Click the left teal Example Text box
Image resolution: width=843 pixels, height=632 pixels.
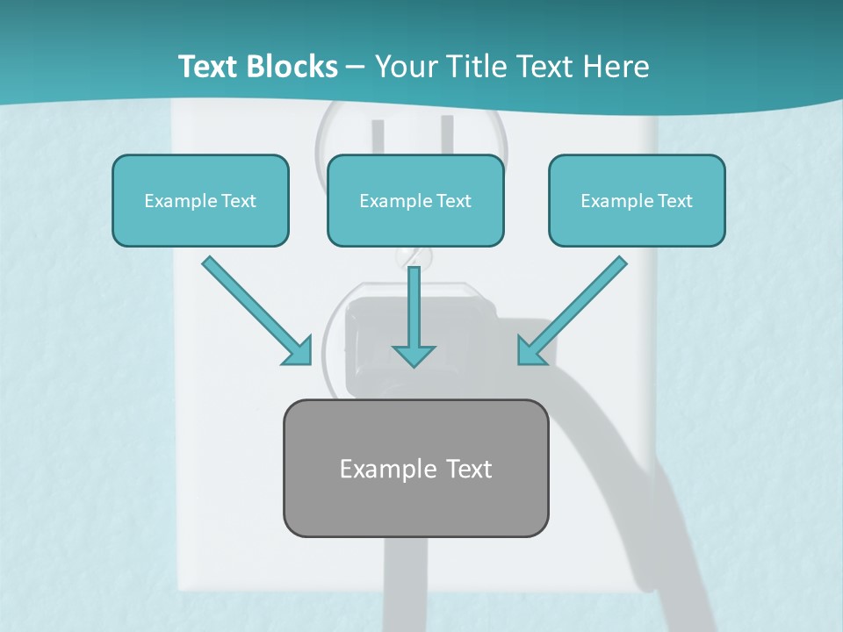point(200,200)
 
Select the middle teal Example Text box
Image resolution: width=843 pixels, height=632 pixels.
point(415,200)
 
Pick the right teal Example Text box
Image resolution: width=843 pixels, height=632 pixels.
point(637,200)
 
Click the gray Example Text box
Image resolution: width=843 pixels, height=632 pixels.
point(415,468)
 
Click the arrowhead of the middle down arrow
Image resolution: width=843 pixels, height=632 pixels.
point(414,355)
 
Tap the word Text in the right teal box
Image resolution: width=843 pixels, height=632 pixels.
point(674,201)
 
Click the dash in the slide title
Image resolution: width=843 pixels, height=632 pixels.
point(356,68)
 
